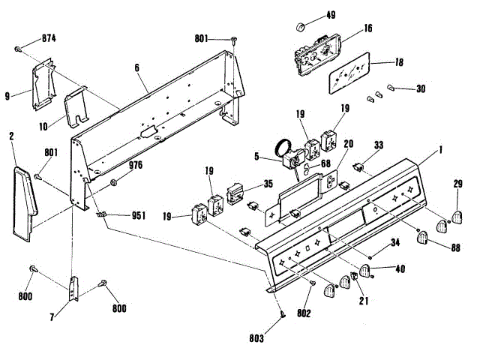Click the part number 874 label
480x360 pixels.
point(49,37)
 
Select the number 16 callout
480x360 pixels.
point(367,28)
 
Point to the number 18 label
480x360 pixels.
point(399,64)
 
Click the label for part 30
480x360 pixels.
point(421,88)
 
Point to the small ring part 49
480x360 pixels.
point(301,28)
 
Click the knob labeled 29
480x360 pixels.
point(454,217)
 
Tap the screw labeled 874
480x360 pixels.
point(17,49)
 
